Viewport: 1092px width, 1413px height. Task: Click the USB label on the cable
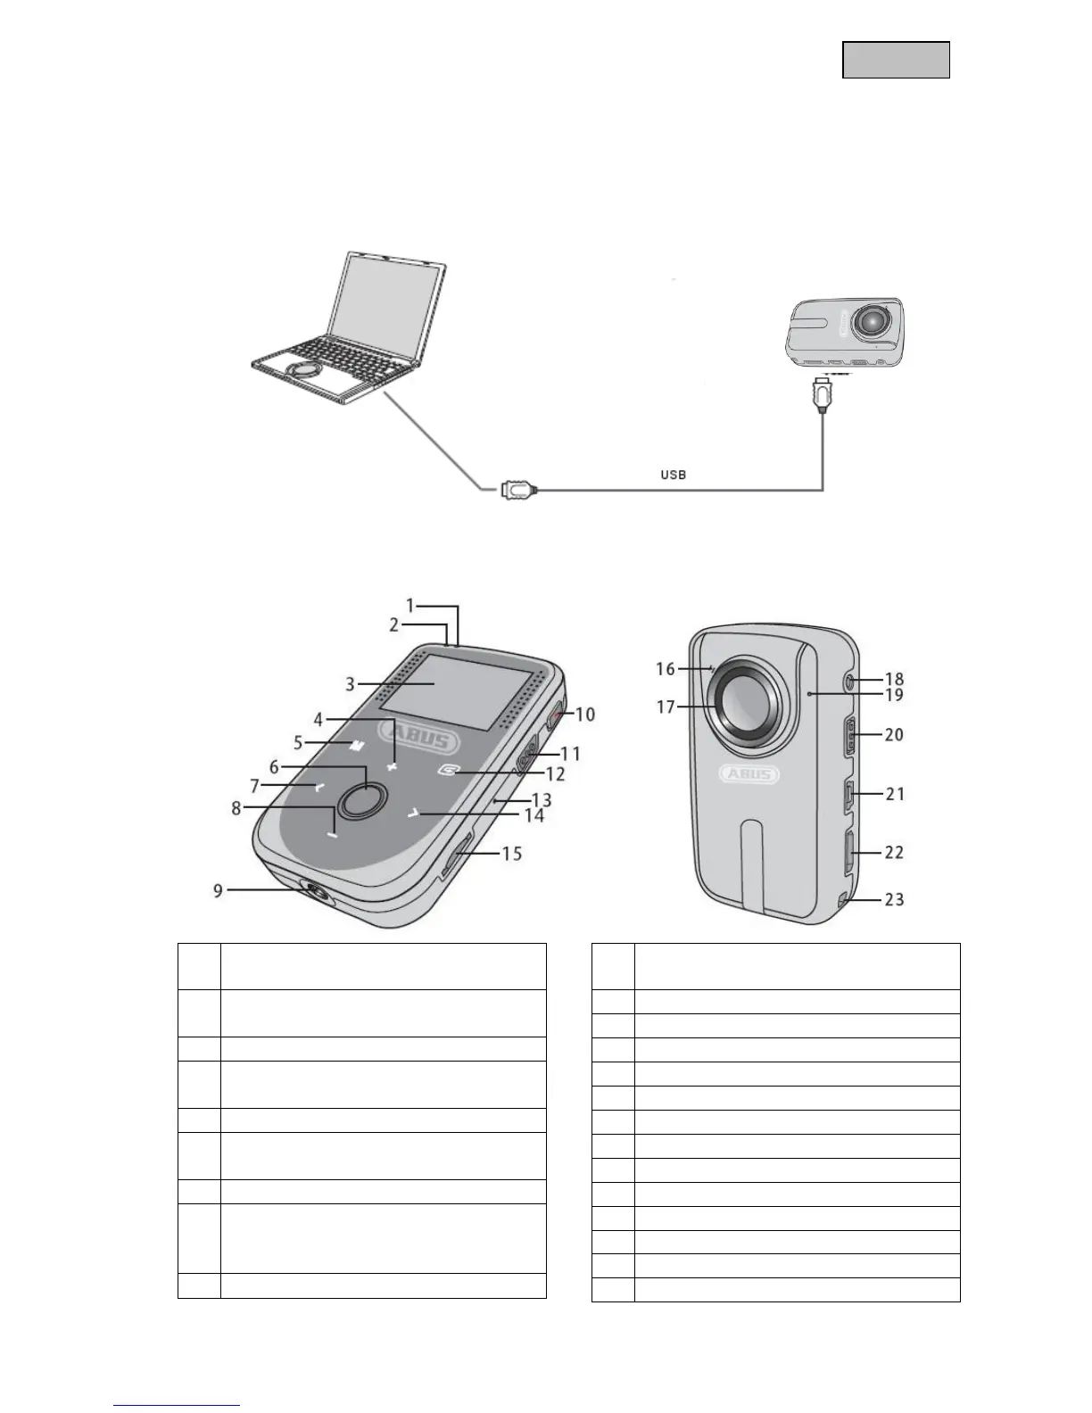pyautogui.click(x=673, y=475)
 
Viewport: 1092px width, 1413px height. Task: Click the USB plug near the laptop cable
pyautogui.click(x=518, y=489)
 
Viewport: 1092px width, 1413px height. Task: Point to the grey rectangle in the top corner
pyautogui.click(x=896, y=60)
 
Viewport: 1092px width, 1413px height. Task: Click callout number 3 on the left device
pyautogui.click(x=351, y=684)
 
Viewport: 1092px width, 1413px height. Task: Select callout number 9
pyautogui.click(x=218, y=889)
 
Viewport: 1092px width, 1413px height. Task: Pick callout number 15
pyautogui.click(x=511, y=854)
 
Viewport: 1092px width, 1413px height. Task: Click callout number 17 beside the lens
pyautogui.click(x=666, y=707)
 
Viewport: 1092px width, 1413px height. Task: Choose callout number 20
pyautogui.click(x=893, y=734)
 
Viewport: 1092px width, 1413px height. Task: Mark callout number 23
pyautogui.click(x=893, y=899)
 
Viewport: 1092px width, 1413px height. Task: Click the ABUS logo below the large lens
pyautogui.click(x=749, y=773)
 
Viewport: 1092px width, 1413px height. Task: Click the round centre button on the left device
pyautogui.click(x=356, y=800)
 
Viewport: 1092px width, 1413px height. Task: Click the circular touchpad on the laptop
pyautogui.click(x=303, y=368)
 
